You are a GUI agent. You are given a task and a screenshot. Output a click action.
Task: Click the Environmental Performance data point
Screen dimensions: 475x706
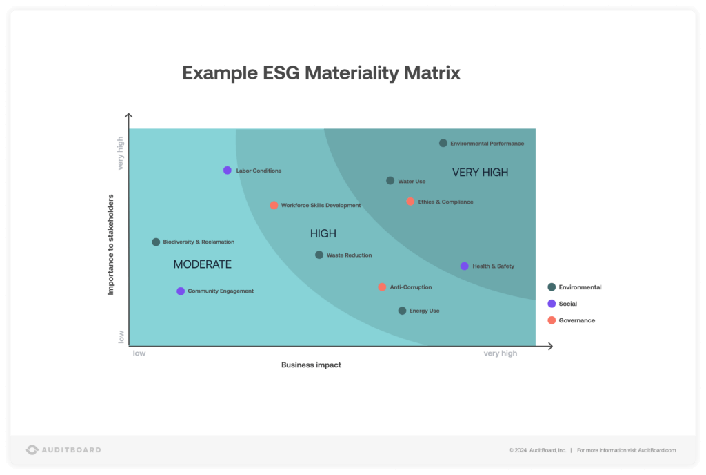[x=443, y=143]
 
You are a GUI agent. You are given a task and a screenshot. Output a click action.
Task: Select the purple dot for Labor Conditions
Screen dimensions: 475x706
[x=228, y=171]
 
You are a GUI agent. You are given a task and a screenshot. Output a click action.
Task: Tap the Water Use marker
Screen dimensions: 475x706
[x=390, y=181]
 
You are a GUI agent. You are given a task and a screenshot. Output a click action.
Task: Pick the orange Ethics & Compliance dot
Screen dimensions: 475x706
[x=410, y=202]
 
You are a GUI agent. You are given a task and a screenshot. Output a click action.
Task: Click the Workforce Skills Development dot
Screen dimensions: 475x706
[x=274, y=205]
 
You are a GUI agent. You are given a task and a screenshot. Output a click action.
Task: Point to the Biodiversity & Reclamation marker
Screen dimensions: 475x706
[x=156, y=242]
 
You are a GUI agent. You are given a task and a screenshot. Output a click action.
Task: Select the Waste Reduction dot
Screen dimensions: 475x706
[x=319, y=255]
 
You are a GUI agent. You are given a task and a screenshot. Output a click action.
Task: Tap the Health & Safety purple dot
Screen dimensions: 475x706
[x=465, y=266]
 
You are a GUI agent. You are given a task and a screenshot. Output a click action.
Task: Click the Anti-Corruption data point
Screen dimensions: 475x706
[x=382, y=287]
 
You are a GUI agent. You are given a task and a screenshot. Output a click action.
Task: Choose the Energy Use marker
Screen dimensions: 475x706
[x=403, y=311]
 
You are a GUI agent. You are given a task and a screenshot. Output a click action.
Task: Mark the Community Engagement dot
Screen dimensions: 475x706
[x=181, y=291]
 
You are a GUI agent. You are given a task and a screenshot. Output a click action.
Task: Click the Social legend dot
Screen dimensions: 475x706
[x=552, y=304]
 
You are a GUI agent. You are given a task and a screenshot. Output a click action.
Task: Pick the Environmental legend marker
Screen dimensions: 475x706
[x=552, y=287]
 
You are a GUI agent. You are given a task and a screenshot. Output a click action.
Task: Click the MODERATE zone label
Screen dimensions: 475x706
[x=202, y=264]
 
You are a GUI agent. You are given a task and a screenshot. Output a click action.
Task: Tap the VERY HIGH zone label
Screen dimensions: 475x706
[x=480, y=173]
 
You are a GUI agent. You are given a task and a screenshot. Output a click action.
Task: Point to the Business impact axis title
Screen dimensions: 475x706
[x=311, y=365]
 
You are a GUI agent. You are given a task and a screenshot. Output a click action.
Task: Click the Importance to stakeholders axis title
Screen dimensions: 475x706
[x=110, y=244]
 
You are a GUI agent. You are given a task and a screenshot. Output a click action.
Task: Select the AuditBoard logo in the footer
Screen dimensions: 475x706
[x=63, y=449]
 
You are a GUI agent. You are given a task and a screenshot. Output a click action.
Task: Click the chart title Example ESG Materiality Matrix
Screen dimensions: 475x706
[x=321, y=73]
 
